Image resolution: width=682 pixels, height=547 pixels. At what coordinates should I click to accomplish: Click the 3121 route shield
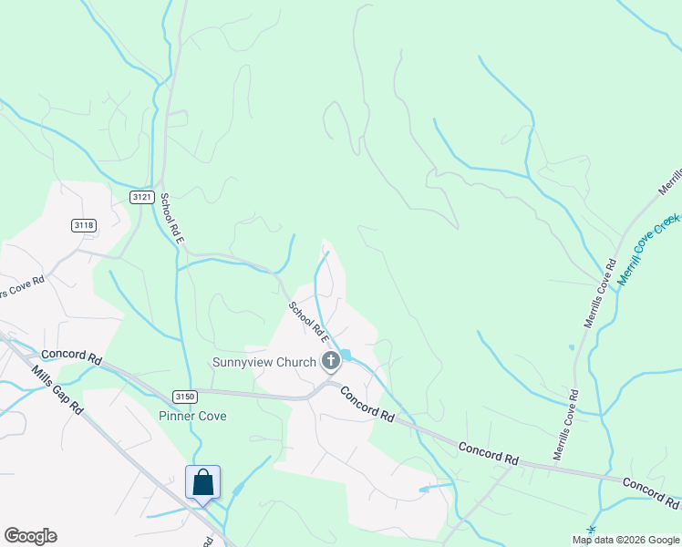140,198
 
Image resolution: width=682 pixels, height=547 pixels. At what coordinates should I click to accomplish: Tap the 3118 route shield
83,225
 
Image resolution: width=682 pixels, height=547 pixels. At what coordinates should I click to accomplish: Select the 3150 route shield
185,396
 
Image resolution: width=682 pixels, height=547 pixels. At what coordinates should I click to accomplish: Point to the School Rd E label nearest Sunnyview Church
308,320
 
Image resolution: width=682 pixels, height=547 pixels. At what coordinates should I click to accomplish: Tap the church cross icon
331,362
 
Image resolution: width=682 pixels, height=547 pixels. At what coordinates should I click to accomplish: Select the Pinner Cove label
192,416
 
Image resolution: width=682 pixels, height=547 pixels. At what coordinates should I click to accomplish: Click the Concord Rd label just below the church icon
367,403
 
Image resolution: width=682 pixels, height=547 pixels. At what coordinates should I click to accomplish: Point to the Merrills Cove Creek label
648,248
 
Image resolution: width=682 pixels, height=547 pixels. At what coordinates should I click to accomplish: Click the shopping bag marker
202,482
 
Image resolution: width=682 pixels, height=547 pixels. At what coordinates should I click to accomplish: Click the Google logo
30,536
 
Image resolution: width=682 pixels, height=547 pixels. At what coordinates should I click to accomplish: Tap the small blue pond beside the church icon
346,355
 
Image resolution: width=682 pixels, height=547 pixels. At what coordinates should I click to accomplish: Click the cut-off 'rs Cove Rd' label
22,287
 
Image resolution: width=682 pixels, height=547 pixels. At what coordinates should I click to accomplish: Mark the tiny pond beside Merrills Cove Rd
572,347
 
